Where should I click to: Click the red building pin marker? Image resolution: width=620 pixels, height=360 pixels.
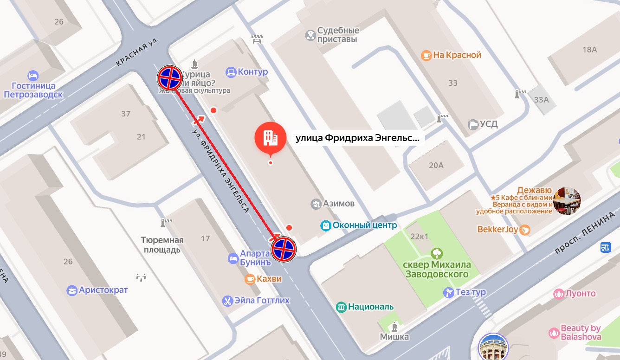click(x=270, y=138)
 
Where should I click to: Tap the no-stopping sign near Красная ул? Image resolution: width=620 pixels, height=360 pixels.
click(x=169, y=78)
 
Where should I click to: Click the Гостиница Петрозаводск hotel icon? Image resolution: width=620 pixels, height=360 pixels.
click(x=33, y=76)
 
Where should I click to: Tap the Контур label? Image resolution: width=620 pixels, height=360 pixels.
click(x=252, y=72)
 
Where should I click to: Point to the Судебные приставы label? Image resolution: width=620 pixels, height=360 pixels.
click(x=338, y=35)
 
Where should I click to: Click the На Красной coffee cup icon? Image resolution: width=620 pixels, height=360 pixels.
click(x=426, y=55)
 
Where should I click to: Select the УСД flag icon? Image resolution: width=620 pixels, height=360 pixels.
click(x=473, y=124)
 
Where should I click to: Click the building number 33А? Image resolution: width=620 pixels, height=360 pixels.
click(x=541, y=99)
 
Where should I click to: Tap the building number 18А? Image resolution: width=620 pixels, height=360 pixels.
click(x=589, y=50)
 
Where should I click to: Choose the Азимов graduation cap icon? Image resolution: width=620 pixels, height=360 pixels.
click(x=316, y=204)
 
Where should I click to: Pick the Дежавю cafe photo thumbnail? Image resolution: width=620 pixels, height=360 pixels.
click(x=567, y=201)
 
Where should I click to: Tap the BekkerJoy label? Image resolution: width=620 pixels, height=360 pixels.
click(x=498, y=229)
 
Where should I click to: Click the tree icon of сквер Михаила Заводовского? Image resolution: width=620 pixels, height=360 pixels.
click(x=436, y=253)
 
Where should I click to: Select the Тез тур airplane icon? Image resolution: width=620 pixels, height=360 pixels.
click(x=448, y=292)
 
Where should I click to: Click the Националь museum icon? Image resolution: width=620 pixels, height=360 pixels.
click(x=341, y=307)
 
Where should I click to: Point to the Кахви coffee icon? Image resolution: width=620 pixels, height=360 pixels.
click(x=250, y=279)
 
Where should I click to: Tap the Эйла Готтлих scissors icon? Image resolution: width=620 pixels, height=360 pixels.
click(x=227, y=301)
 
